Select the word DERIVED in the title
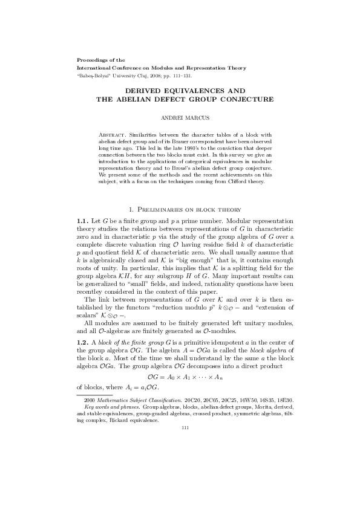(x=150, y=89)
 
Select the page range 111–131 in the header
(x=182, y=77)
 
